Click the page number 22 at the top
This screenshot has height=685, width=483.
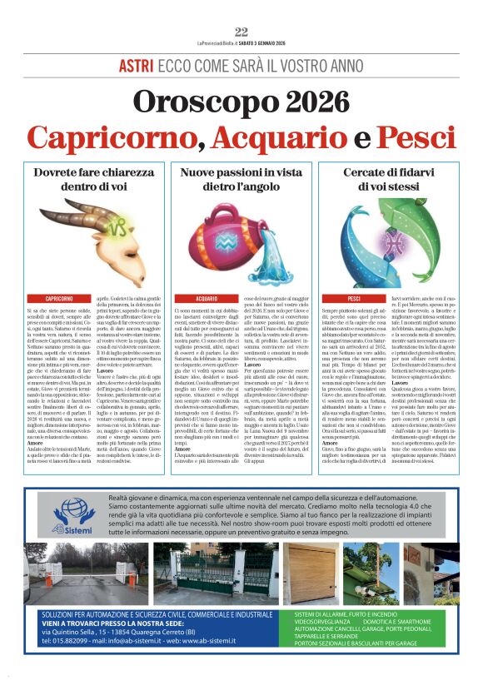point(242,32)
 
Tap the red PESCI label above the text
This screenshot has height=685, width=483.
point(354,298)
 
